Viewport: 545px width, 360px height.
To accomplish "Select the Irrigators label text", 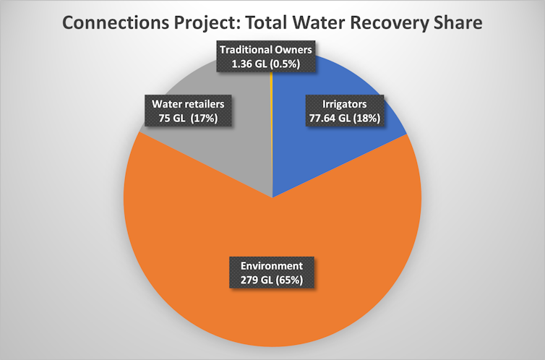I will [340, 104].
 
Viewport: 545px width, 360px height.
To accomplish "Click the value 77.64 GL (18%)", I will [340, 117].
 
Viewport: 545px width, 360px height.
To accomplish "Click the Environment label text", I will [272, 264].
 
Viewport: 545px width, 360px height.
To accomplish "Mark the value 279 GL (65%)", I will [272, 277].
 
